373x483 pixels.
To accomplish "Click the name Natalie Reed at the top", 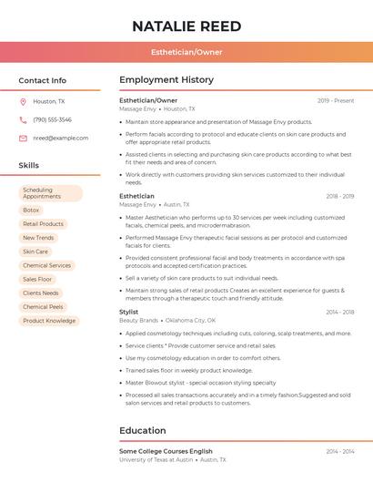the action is click(186, 26).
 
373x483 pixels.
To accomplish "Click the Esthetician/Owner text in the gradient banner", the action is click(186, 52).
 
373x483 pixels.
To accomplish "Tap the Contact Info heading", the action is click(43, 80).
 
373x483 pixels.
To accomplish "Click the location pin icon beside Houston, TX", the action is click(23, 101).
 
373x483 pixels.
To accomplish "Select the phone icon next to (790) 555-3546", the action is click(23, 119).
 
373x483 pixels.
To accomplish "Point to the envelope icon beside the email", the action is click(23, 138).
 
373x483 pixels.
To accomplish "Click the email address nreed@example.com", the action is click(61, 138).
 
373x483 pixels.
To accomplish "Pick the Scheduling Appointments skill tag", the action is click(51, 193).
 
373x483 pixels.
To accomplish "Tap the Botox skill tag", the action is click(31, 210).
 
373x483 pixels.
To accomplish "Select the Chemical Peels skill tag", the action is click(43, 307).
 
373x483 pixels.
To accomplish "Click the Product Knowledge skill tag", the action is click(49, 321).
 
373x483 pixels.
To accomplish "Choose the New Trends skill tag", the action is click(38, 238).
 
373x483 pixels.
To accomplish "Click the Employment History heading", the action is click(166, 80).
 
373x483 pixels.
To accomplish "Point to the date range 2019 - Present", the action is click(336, 100).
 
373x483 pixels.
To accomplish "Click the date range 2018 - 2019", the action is click(339, 196).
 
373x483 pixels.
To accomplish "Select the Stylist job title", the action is click(129, 312).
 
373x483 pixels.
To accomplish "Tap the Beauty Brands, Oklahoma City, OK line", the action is click(167, 321).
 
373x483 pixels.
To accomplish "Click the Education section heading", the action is click(143, 430).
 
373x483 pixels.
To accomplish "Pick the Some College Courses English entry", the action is click(166, 451).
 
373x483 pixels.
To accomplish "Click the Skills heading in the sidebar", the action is click(29, 165).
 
